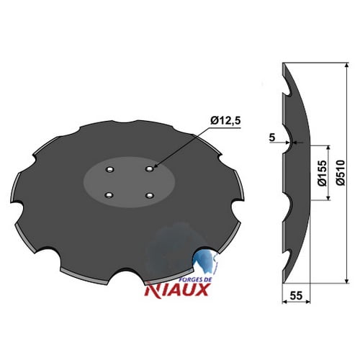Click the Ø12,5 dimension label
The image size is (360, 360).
(x=225, y=122)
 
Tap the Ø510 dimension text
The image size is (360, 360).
(x=341, y=173)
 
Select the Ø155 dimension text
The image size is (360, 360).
(x=323, y=173)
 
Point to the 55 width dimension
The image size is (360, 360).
(x=296, y=295)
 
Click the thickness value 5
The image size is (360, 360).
(x=272, y=138)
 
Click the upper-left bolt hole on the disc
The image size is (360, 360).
(x=110, y=169)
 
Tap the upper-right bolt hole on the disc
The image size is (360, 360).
(x=150, y=169)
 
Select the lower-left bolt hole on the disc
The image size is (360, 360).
(x=109, y=196)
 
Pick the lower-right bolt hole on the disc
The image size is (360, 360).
(x=150, y=196)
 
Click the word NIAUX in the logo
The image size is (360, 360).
(x=176, y=289)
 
